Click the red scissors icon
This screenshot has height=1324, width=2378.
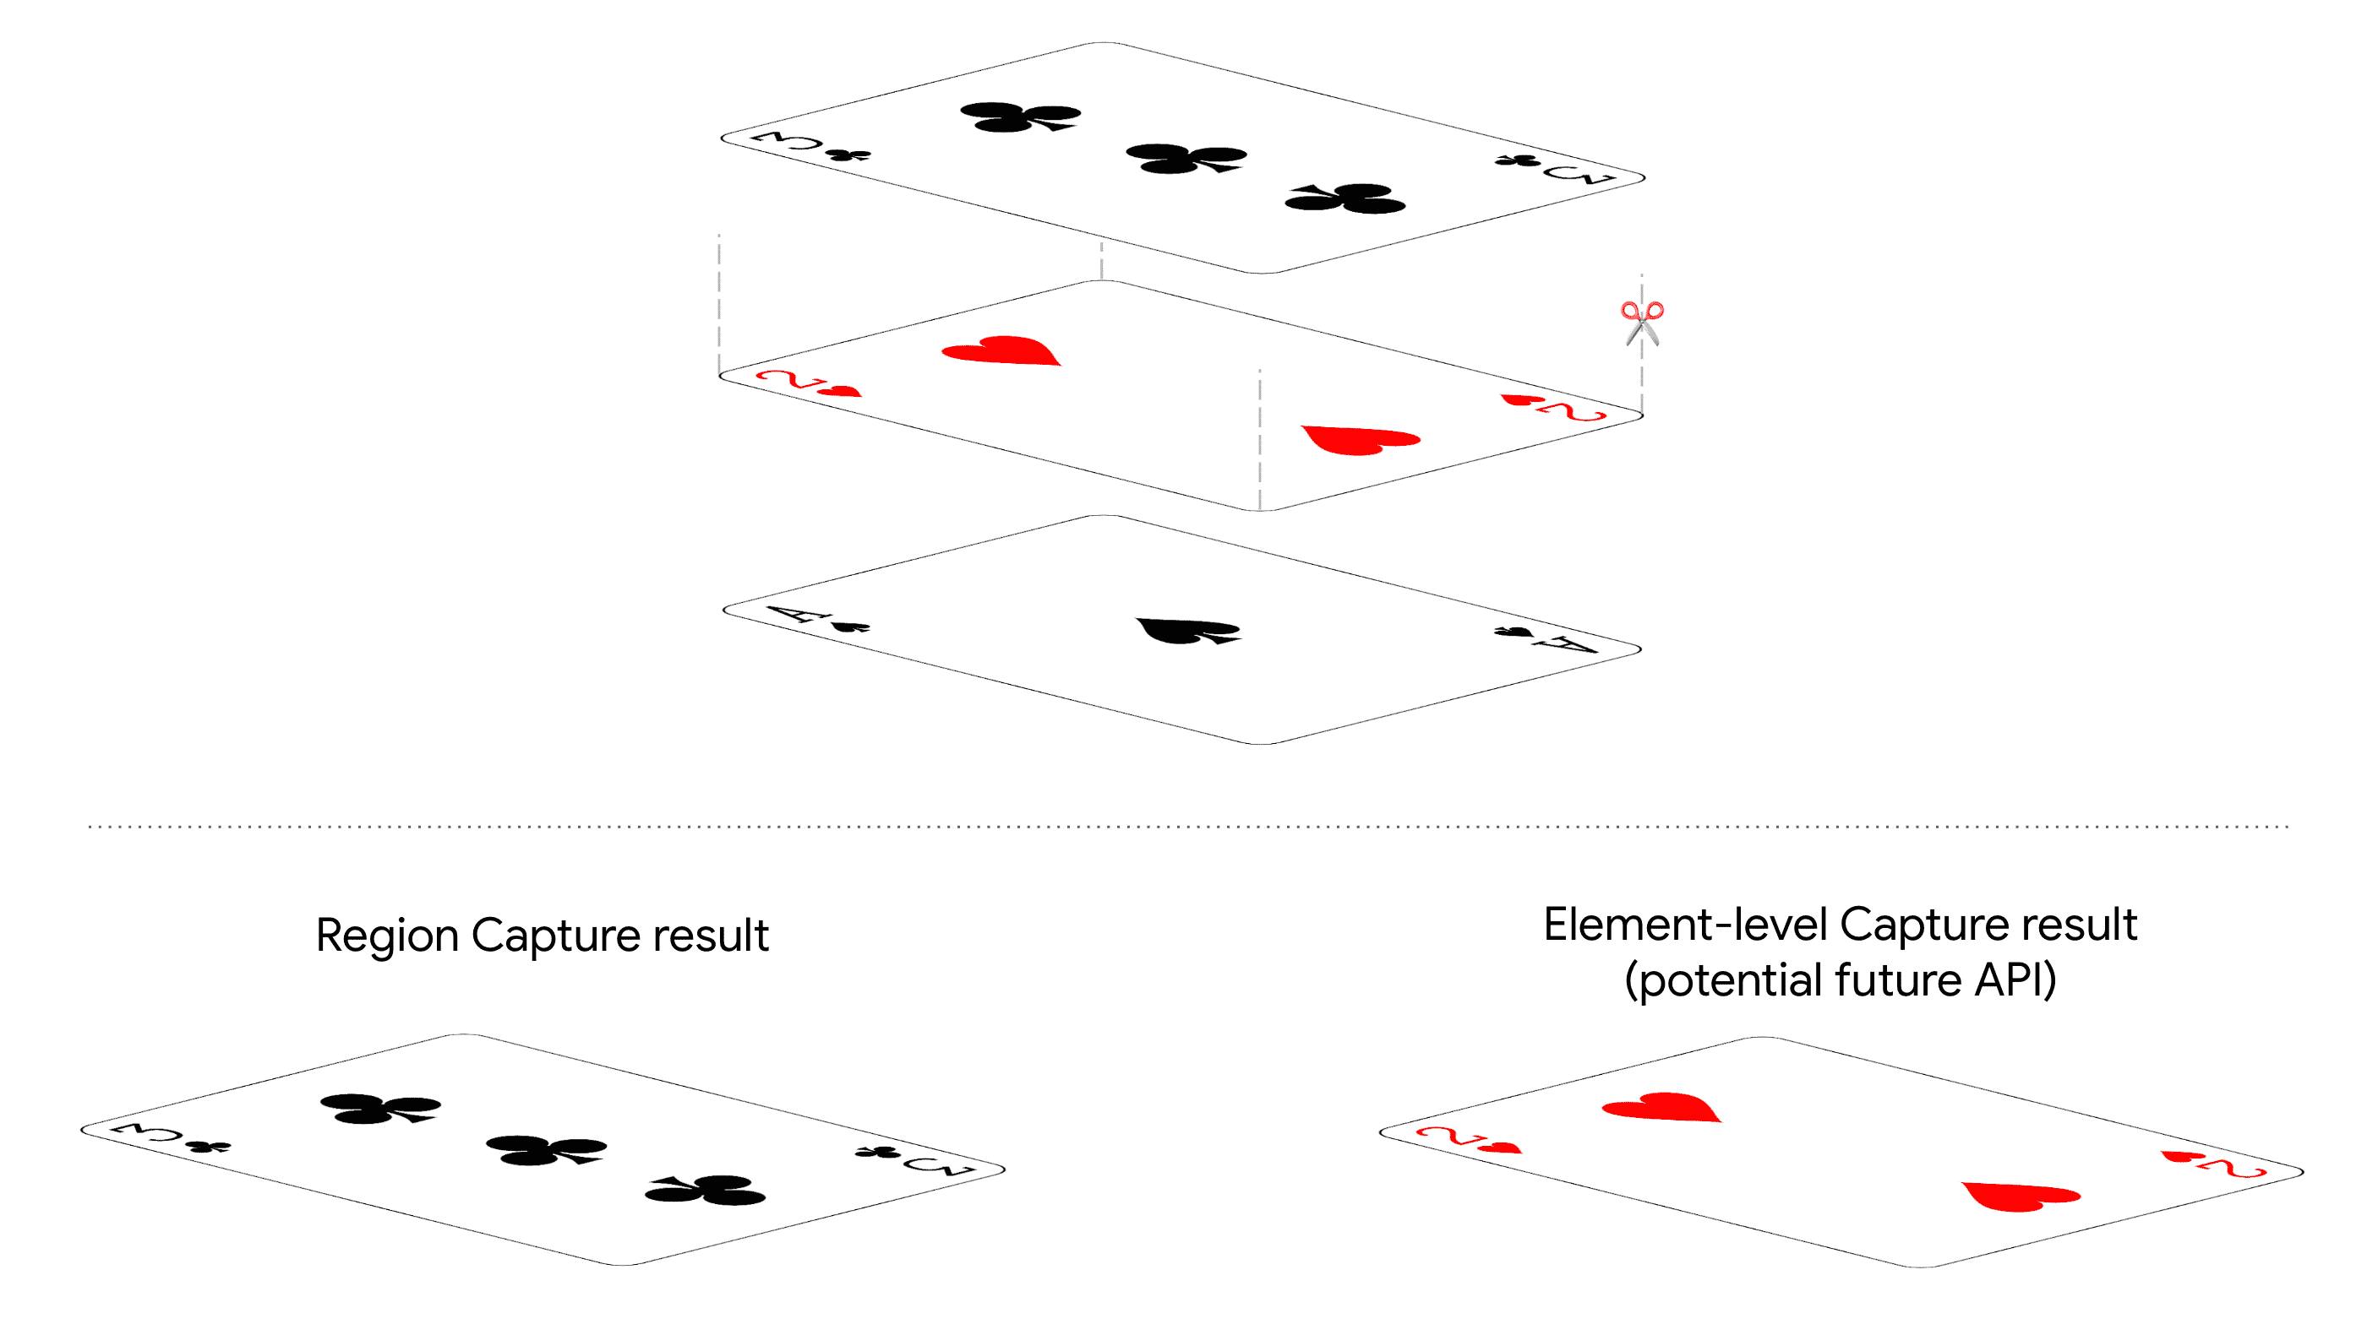[1641, 322]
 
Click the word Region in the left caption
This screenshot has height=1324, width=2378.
[387, 935]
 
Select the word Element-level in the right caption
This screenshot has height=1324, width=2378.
[1685, 925]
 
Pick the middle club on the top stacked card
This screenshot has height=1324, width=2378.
[1186, 159]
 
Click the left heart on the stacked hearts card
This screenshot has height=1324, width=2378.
[1001, 351]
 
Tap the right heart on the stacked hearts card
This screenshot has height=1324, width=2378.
[1360, 439]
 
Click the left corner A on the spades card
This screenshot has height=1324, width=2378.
[792, 614]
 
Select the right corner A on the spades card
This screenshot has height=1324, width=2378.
[1568, 643]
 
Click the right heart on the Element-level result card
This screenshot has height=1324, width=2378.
[2021, 1196]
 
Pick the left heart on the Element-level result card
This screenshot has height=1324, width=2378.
[1661, 1108]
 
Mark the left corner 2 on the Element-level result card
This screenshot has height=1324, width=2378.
[1445, 1135]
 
